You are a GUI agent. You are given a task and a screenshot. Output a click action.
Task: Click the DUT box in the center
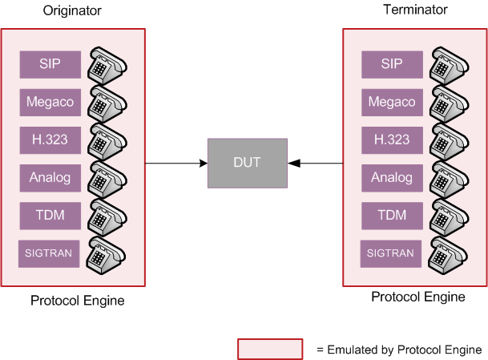click(x=246, y=163)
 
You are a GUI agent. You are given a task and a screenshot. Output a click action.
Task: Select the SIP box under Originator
click(x=50, y=64)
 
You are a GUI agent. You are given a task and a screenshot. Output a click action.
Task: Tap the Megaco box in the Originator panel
click(x=50, y=102)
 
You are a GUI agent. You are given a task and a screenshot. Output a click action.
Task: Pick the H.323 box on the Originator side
click(x=50, y=140)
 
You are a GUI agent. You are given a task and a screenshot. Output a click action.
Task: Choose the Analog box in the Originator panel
click(x=50, y=177)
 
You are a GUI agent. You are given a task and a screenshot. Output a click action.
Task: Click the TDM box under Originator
click(x=50, y=215)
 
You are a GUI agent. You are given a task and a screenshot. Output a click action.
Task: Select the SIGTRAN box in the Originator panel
click(x=50, y=254)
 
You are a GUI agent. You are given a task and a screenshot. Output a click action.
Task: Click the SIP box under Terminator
click(x=391, y=64)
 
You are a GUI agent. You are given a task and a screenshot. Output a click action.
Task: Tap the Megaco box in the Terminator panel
click(x=391, y=102)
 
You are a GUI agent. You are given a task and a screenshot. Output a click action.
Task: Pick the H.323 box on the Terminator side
click(x=391, y=140)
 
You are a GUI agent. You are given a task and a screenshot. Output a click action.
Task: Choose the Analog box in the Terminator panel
click(x=391, y=177)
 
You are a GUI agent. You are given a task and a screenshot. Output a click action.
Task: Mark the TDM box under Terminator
click(x=391, y=215)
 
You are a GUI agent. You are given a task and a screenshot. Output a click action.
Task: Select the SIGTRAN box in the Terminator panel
click(x=391, y=254)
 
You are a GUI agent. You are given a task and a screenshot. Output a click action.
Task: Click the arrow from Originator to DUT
click(x=176, y=164)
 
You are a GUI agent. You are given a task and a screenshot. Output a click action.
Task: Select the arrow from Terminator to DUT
click(x=316, y=164)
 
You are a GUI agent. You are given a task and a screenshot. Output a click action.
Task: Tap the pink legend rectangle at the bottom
click(x=269, y=349)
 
